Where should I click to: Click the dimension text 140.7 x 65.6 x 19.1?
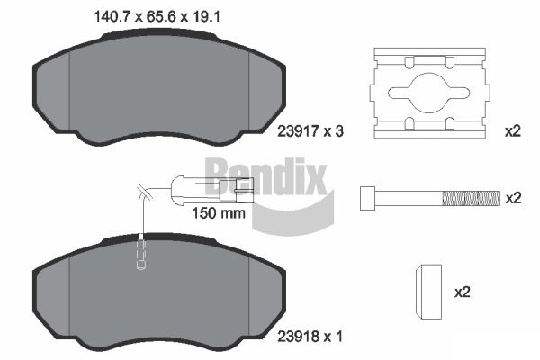point(157,16)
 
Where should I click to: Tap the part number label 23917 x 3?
point(310,131)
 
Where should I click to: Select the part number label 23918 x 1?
point(310,337)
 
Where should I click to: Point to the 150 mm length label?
point(219,213)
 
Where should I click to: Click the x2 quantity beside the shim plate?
point(513,131)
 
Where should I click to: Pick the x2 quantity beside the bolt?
point(513,198)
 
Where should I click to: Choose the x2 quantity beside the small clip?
point(463,292)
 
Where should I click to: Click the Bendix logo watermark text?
point(265,176)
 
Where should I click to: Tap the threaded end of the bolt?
point(471,198)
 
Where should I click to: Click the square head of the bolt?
point(367,198)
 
